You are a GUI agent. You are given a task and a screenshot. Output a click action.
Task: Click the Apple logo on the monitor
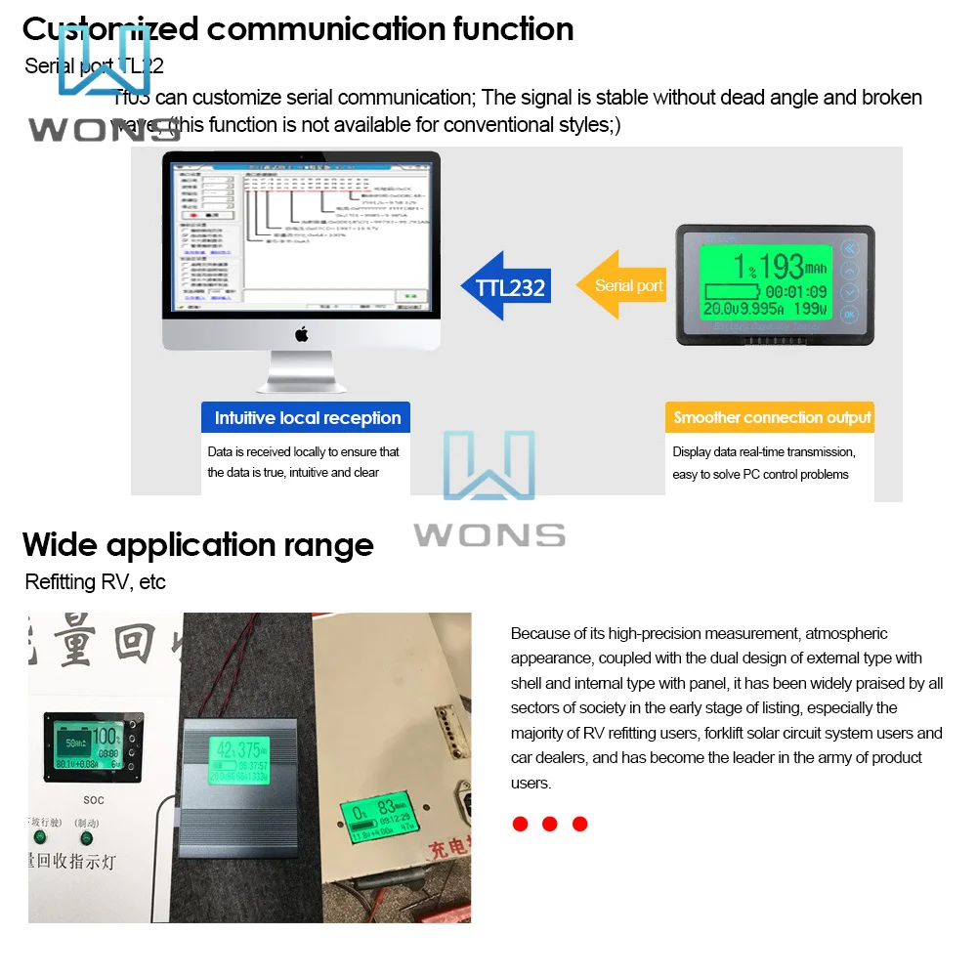click(x=302, y=334)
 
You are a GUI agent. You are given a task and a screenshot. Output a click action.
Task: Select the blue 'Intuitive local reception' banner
click(x=307, y=418)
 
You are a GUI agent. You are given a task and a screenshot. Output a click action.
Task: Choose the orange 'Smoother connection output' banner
click(x=771, y=417)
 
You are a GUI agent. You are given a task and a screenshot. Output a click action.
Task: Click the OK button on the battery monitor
click(x=849, y=315)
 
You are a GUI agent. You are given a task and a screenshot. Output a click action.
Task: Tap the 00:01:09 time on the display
click(x=795, y=292)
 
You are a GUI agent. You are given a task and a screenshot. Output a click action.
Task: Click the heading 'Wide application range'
click(x=198, y=544)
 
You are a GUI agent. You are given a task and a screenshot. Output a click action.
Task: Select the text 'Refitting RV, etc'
click(x=95, y=582)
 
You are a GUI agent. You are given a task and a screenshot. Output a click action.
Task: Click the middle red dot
click(x=549, y=824)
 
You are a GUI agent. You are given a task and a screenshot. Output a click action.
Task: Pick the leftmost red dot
click(x=520, y=824)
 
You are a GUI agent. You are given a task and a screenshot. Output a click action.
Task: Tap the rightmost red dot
click(x=579, y=824)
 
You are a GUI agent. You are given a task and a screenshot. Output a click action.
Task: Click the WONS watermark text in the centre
click(x=488, y=534)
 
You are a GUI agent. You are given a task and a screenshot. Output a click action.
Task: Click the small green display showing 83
click(x=379, y=819)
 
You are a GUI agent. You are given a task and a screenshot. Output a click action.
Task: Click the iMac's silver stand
click(x=301, y=375)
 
